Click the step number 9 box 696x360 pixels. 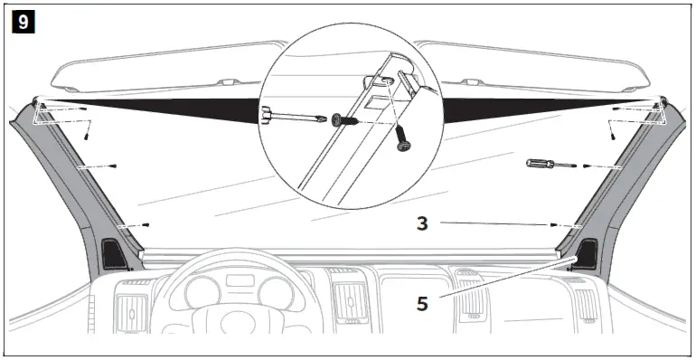tap(20, 18)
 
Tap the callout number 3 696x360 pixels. tap(421, 221)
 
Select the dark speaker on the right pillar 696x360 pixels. tap(586, 253)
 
